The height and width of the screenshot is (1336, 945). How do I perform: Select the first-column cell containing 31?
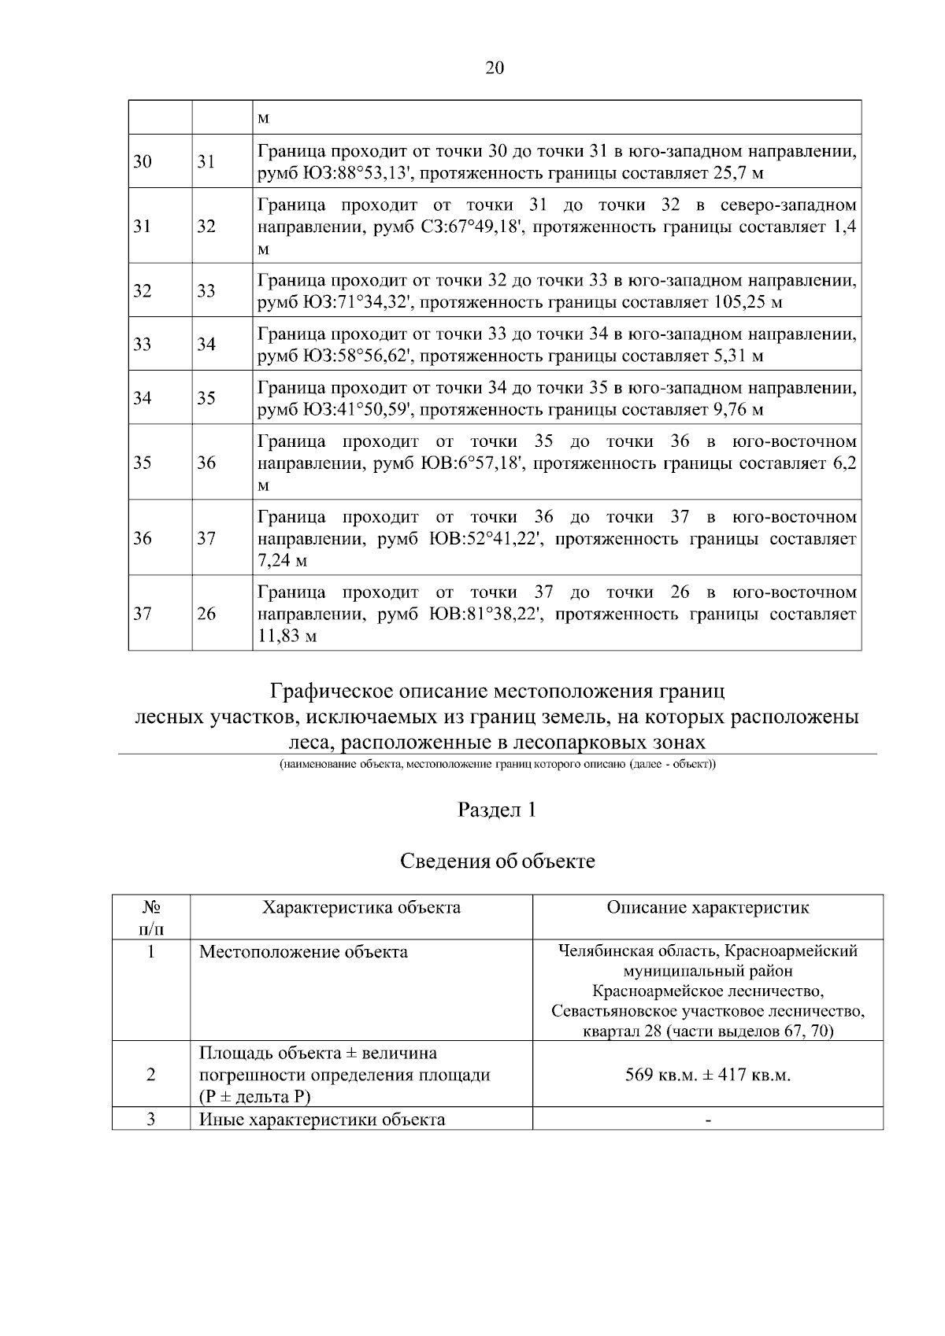(x=143, y=227)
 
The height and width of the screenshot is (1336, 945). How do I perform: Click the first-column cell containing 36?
(x=143, y=539)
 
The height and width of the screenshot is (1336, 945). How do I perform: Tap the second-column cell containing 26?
(x=206, y=614)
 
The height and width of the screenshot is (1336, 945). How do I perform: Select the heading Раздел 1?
(x=497, y=810)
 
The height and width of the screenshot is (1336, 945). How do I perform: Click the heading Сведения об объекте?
(x=497, y=862)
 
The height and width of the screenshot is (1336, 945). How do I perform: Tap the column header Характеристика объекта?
(x=361, y=907)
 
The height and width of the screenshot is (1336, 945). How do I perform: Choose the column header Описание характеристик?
(x=707, y=907)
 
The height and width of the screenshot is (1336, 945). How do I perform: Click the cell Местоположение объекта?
(x=303, y=952)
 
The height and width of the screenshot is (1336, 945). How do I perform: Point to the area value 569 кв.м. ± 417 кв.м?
(x=707, y=1075)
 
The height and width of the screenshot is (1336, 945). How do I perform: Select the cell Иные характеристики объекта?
(x=321, y=1120)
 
